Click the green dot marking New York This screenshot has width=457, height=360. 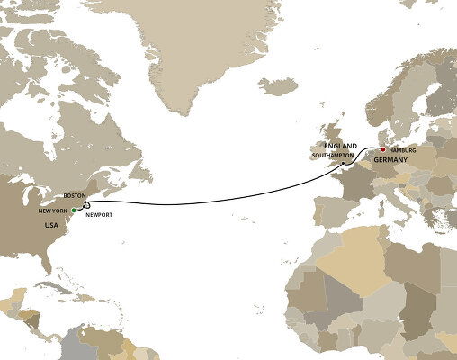pos(73,210)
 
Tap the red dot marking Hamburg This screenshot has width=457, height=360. pos(382,149)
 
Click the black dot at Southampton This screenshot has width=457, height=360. pos(344,162)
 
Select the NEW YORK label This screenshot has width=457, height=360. pos(53,210)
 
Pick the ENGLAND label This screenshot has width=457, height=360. pos(342,145)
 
